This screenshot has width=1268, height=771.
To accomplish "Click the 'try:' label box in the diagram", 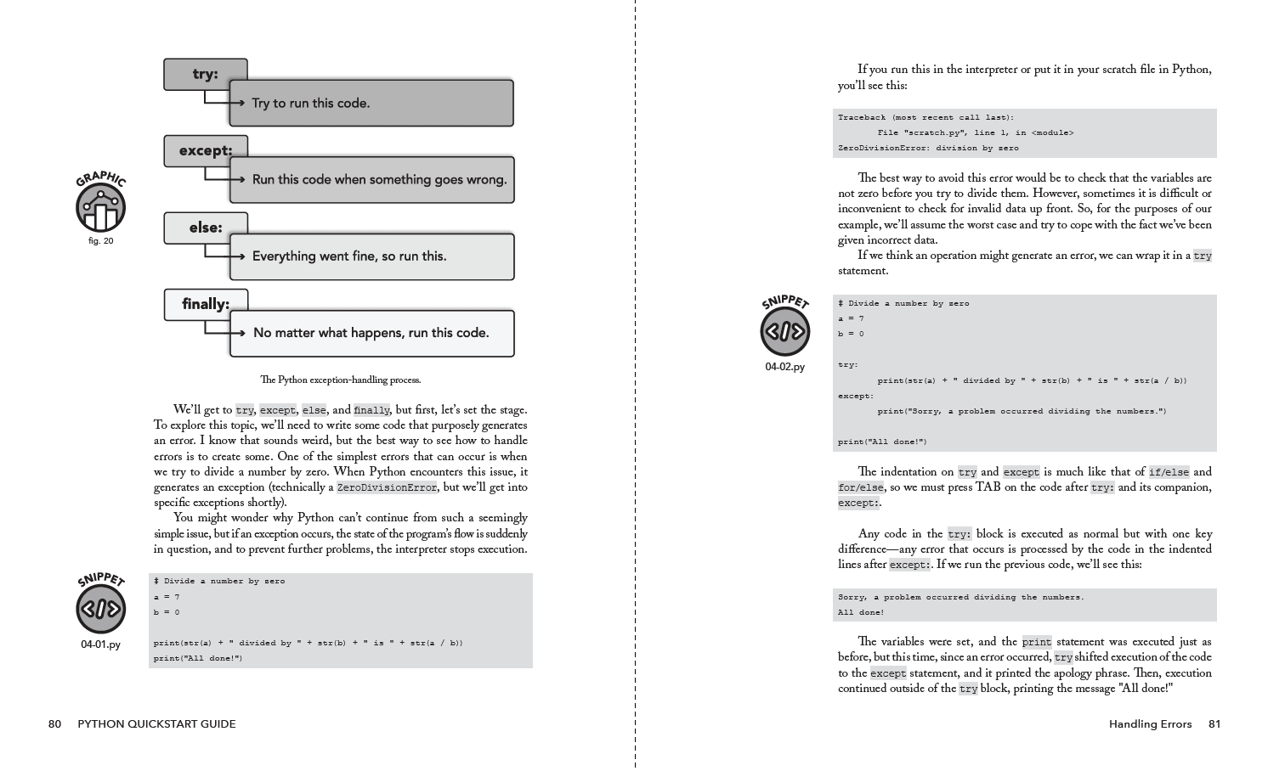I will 205,74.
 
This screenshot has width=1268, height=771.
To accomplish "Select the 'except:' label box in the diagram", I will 205,150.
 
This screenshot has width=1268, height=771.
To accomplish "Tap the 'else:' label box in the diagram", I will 205,228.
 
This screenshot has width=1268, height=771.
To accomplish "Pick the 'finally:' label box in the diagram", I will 205,304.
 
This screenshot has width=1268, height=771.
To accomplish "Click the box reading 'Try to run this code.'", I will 371,104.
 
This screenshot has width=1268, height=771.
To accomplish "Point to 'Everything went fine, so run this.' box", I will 371,256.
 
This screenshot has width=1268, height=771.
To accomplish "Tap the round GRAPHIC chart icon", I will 100,208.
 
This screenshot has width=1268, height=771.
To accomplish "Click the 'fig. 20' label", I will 100,241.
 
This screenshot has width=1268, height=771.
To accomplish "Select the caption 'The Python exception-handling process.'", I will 340,380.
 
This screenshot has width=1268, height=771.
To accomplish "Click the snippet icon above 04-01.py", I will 100,609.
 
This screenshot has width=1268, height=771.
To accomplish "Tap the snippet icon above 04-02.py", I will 784,330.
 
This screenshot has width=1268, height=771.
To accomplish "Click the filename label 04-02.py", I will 784,367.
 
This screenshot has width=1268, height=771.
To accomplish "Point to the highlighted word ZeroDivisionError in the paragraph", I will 387,487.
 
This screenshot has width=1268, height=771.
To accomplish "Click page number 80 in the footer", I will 54,724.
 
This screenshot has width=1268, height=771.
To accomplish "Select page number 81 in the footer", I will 1214,724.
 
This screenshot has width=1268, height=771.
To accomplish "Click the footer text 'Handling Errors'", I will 1150,724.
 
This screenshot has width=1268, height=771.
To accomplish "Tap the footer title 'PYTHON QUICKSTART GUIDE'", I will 156,724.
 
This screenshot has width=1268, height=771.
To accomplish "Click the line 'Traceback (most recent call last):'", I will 926,118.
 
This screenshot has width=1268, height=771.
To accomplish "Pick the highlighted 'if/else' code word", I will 1169,472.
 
